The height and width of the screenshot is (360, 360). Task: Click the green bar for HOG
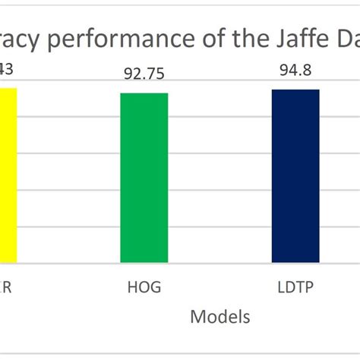[x=144, y=178]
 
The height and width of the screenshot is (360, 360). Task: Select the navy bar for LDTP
[x=295, y=176]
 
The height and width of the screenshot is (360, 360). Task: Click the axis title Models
[x=219, y=315]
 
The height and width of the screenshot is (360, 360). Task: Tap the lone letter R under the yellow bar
[x=6, y=288]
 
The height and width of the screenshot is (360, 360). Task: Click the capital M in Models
[x=198, y=315]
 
